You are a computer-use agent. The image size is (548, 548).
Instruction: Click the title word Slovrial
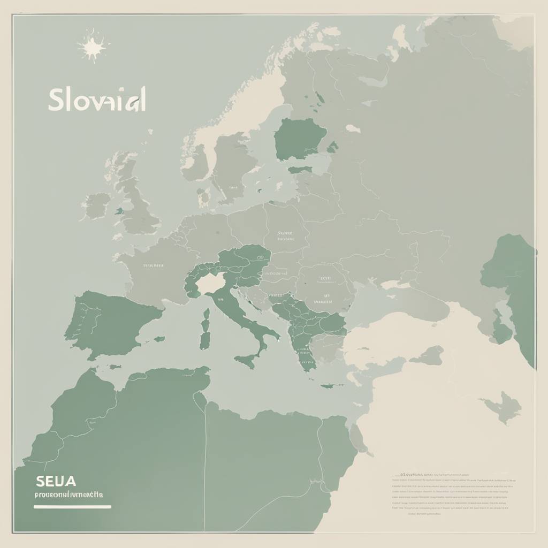click(x=97, y=100)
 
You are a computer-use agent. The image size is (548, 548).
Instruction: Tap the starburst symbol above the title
click(x=93, y=47)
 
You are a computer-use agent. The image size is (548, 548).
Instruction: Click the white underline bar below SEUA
click(x=72, y=506)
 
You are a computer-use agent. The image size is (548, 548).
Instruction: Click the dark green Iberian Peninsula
click(x=112, y=324)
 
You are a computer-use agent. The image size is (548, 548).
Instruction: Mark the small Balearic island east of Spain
click(x=159, y=339)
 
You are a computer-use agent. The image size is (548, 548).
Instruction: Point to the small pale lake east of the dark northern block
click(x=353, y=128)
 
